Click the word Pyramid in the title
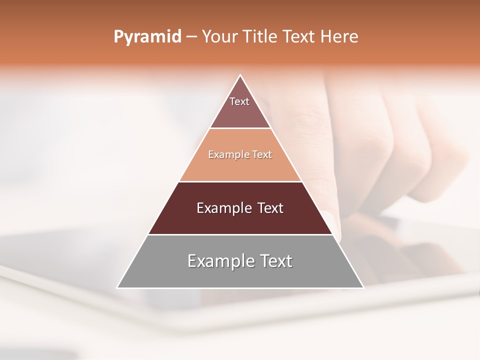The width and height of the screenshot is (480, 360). [x=147, y=36]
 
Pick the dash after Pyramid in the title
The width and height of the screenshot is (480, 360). [x=191, y=37]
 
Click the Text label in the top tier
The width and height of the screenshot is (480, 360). [x=239, y=101]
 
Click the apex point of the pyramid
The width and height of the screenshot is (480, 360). [x=240, y=75]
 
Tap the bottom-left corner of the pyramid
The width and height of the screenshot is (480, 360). [x=117, y=288]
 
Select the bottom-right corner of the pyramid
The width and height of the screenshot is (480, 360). [x=363, y=288]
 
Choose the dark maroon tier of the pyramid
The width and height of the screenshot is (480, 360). [x=240, y=222]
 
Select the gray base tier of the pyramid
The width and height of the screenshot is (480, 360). [x=240, y=277]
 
